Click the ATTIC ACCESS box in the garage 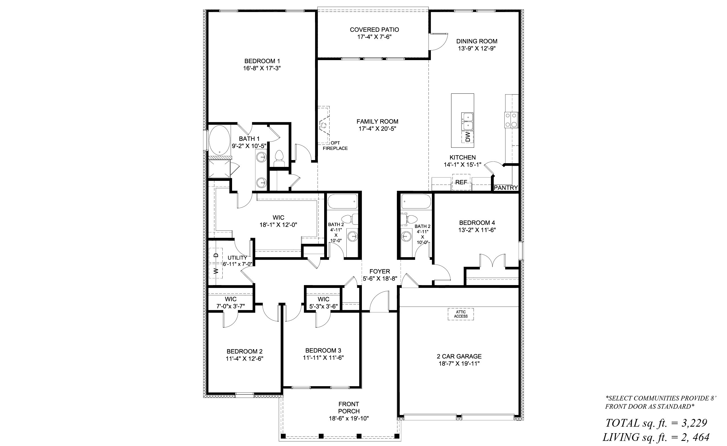coord(461,314)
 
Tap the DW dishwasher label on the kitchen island coord(468,137)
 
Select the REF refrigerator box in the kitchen coord(461,182)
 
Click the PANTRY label coord(506,188)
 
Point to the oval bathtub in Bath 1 coord(220,140)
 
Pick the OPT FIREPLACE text coord(335,146)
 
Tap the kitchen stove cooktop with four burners coord(511,120)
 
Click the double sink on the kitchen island coord(467,121)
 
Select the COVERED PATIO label coord(374,30)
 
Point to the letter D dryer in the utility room coord(216,255)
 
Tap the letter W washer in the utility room coord(216,271)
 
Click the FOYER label coord(380,271)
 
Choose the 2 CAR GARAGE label coord(459,356)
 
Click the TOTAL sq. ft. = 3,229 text coord(656,423)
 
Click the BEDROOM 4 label coord(477,223)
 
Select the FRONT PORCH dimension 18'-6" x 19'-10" coord(349,419)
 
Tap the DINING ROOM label coord(477,41)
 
